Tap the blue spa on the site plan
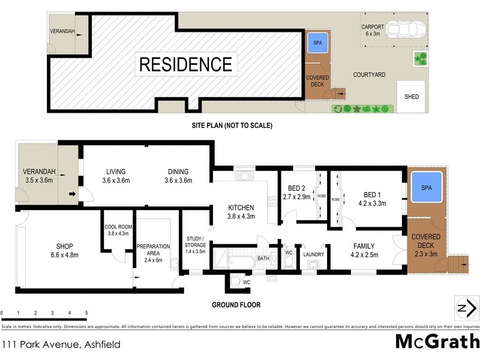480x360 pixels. click(316, 43)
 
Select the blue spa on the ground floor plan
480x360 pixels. click(426, 188)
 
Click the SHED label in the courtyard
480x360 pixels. click(412, 97)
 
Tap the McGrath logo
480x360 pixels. click(436, 341)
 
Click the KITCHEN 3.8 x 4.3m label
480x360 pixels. click(241, 212)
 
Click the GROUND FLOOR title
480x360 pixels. click(236, 305)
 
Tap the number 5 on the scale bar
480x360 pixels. click(86, 313)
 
